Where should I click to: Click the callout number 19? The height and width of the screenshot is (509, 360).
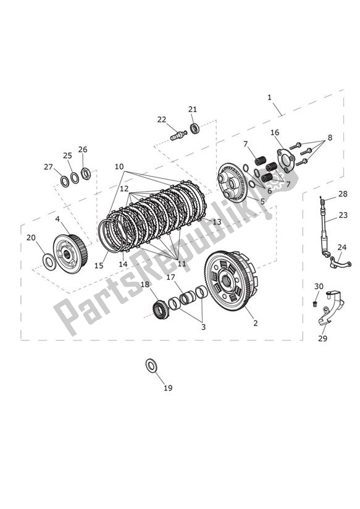pyautogui.click(x=168, y=388)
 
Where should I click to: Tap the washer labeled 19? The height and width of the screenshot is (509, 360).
pyautogui.click(x=151, y=366)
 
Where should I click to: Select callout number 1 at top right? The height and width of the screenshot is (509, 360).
pyautogui.click(x=270, y=98)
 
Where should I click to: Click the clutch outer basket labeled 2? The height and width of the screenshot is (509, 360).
pyautogui.click(x=230, y=284)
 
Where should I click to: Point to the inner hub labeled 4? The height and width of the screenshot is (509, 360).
pyautogui.click(x=70, y=253)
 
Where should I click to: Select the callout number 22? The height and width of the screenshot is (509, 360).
pyautogui.click(x=161, y=119)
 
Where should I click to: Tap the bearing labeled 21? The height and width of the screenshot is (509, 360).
pyautogui.click(x=195, y=128)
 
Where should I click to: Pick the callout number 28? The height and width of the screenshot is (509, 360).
pyautogui.click(x=343, y=194)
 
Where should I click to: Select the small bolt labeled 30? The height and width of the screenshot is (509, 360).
pyautogui.click(x=316, y=305)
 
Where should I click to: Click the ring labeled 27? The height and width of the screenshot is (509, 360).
pyautogui.click(x=64, y=180)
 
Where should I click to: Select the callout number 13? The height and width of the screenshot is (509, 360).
pyautogui.click(x=217, y=221)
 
